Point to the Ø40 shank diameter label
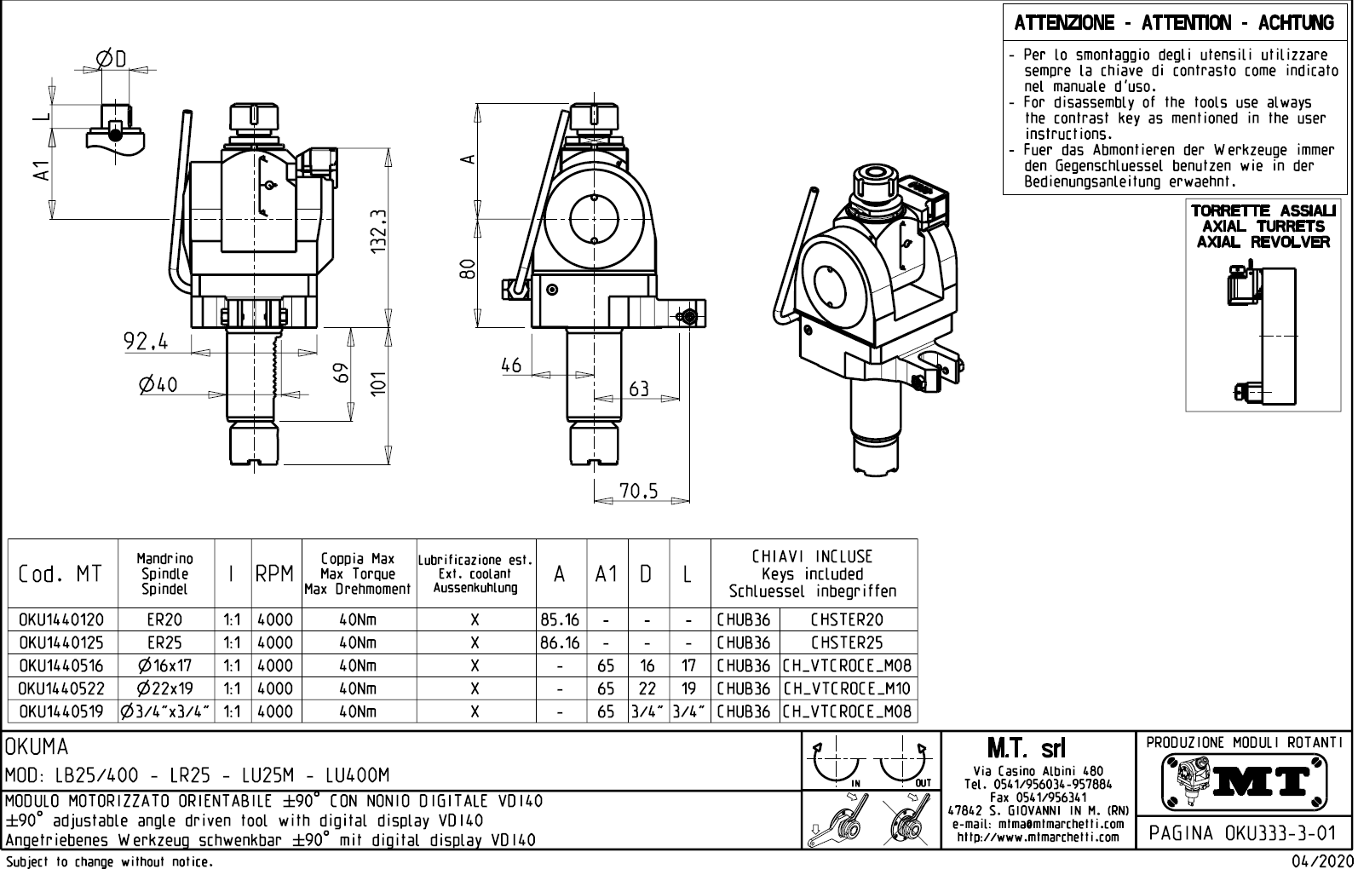click(x=159, y=385)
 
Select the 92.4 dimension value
click(x=146, y=343)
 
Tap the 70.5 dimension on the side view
click(x=639, y=491)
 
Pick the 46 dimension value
click(x=511, y=366)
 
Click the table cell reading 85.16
click(x=561, y=620)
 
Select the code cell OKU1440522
click(x=60, y=688)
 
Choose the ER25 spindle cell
click(x=164, y=643)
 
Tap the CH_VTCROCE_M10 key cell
click(x=847, y=688)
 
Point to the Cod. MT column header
click(x=60, y=574)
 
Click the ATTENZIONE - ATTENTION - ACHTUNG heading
click(x=1174, y=23)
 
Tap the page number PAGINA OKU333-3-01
click(x=1243, y=832)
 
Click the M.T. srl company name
click(x=1026, y=749)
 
